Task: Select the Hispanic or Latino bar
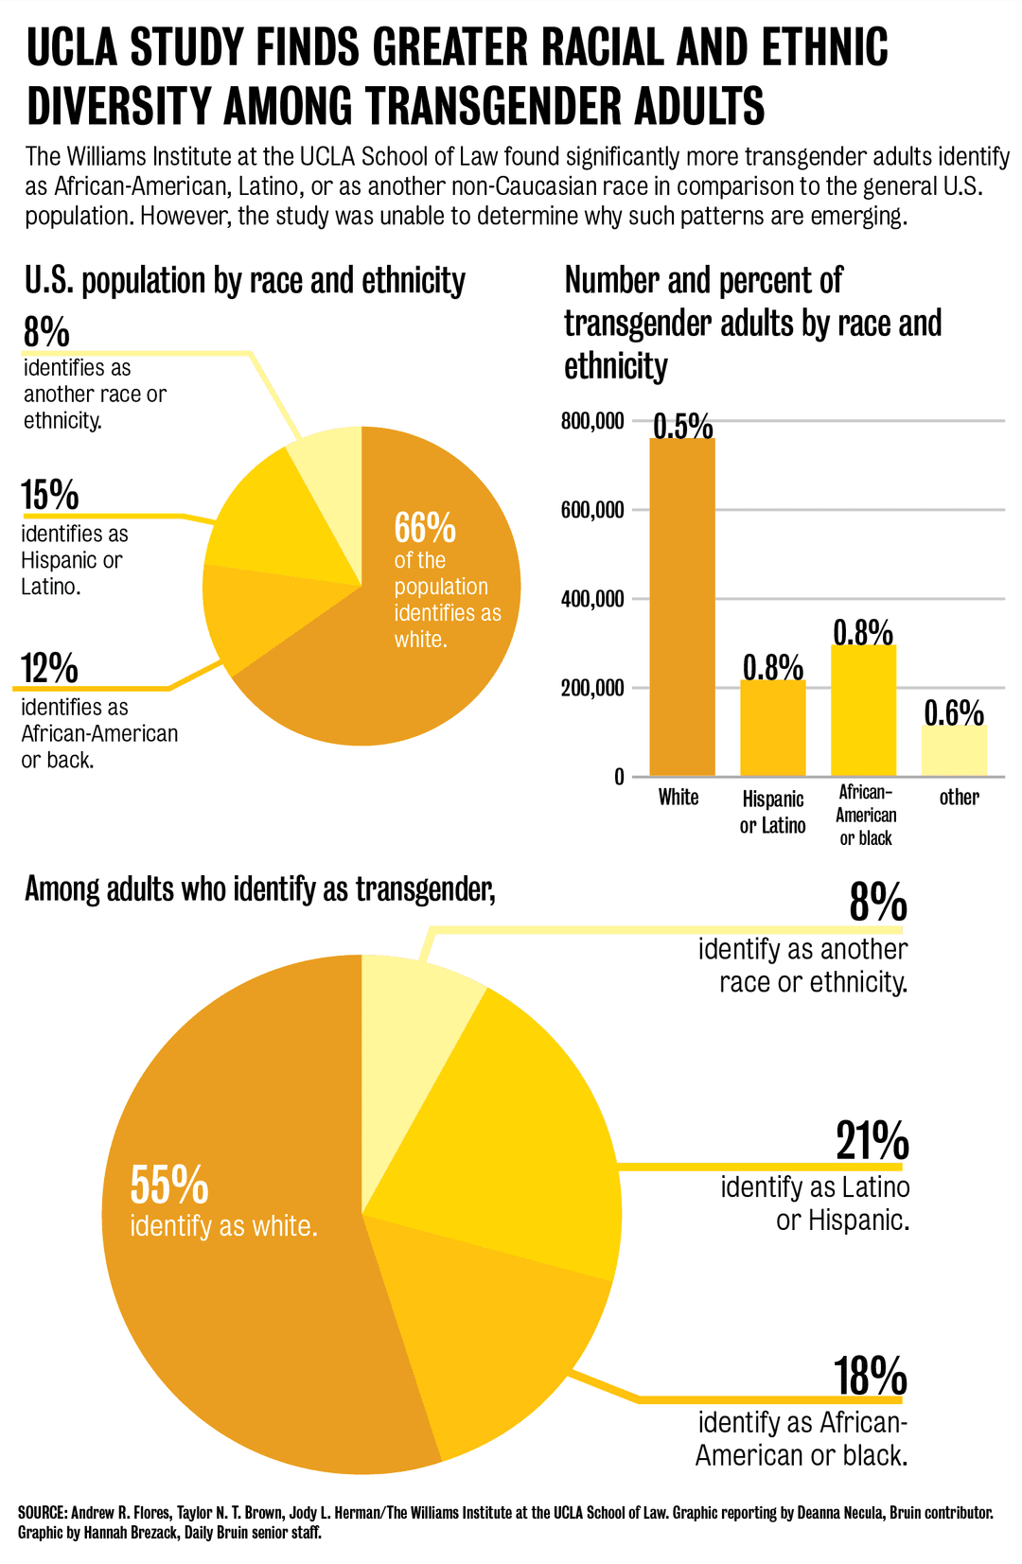pyautogui.click(x=772, y=729)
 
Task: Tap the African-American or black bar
pyautogui.click(x=863, y=711)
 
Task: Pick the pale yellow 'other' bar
pyautogui.click(x=954, y=751)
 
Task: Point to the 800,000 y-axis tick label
pyautogui.click(x=592, y=421)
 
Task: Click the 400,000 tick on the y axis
pyautogui.click(x=592, y=599)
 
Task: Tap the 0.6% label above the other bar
pyautogui.click(x=954, y=712)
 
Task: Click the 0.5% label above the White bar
pyautogui.click(x=682, y=426)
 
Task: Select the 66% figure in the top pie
pyautogui.click(x=425, y=527)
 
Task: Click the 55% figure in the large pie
pyautogui.click(x=168, y=1184)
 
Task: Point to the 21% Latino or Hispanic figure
pyautogui.click(x=872, y=1141)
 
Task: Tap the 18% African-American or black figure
pyautogui.click(x=870, y=1377)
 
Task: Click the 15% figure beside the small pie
pyautogui.click(x=50, y=495)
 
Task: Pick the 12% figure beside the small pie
pyautogui.click(x=50, y=668)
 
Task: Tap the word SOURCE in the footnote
pyautogui.click(x=42, y=1513)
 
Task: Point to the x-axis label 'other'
pyautogui.click(x=959, y=798)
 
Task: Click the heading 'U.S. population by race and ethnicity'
pyautogui.click(x=244, y=281)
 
